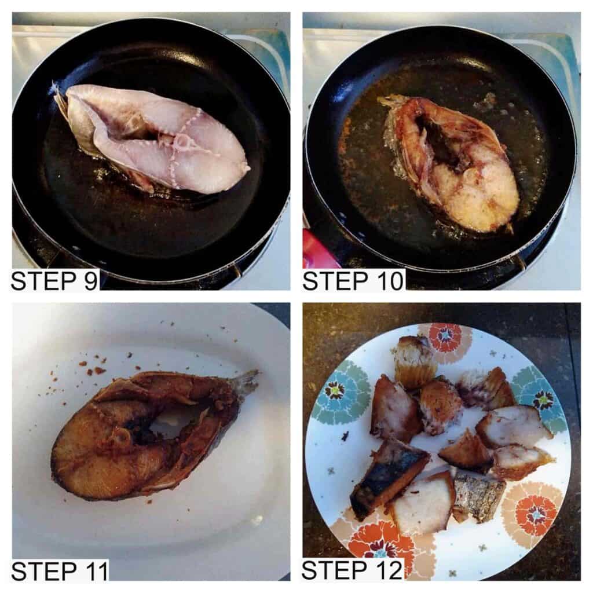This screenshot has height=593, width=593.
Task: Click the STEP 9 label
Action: point(55,280)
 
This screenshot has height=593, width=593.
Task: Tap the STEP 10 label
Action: point(353,281)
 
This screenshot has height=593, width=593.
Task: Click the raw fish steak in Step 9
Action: point(151,138)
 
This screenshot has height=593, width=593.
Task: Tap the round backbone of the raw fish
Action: point(183,141)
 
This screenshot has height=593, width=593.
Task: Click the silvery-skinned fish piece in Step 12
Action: point(478,496)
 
